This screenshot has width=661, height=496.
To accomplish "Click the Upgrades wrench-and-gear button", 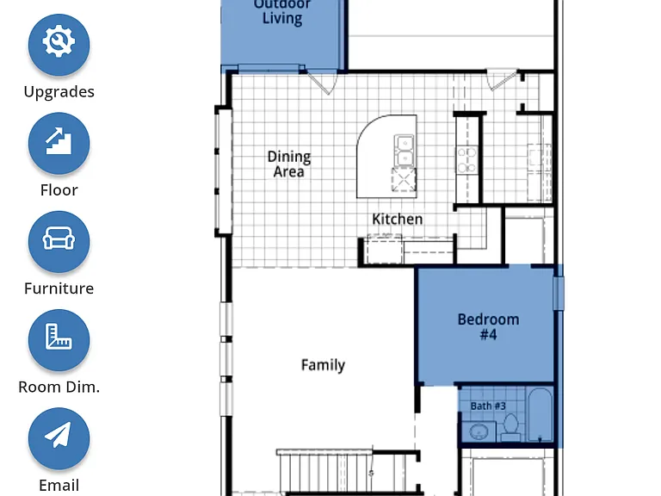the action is click(59, 44).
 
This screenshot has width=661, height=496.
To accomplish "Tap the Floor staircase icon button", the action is click(59, 143).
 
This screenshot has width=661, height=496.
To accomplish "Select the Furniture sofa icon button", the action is click(59, 241).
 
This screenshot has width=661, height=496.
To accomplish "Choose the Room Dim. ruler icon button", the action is click(59, 340).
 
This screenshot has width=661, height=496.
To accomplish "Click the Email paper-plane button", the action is click(59, 438).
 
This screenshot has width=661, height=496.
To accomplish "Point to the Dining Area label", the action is click(289, 164).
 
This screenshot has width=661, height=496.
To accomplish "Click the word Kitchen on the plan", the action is click(397, 220).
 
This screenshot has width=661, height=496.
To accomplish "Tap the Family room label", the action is click(323, 365).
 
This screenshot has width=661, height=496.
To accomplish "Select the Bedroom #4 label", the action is click(488, 327).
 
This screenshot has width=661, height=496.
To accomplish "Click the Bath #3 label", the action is click(488, 406).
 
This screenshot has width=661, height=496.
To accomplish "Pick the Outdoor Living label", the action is click(282, 12).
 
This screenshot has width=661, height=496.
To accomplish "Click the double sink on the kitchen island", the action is click(404, 151).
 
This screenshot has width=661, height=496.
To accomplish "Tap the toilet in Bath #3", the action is click(511, 427).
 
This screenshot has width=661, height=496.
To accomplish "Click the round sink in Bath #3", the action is click(478, 431).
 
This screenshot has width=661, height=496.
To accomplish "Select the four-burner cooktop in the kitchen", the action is click(467, 159).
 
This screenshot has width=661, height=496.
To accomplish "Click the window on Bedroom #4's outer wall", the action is click(558, 293).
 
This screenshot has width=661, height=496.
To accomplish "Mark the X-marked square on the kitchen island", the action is click(404, 180).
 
